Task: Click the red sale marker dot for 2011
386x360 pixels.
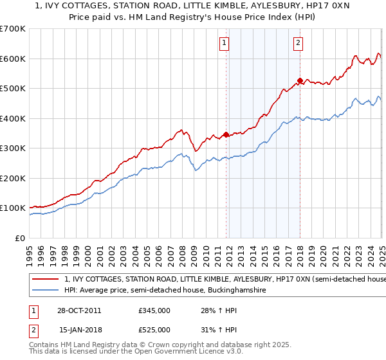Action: pos(226,134)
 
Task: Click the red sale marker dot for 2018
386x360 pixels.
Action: pos(300,80)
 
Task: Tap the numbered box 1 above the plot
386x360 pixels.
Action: pos(225,44)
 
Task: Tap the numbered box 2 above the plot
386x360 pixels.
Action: pos(299,44)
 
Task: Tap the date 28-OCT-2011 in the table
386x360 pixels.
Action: pos(79,311)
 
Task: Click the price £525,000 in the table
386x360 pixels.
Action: pos(154,329)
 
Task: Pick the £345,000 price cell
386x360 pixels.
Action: pos(154,311)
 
